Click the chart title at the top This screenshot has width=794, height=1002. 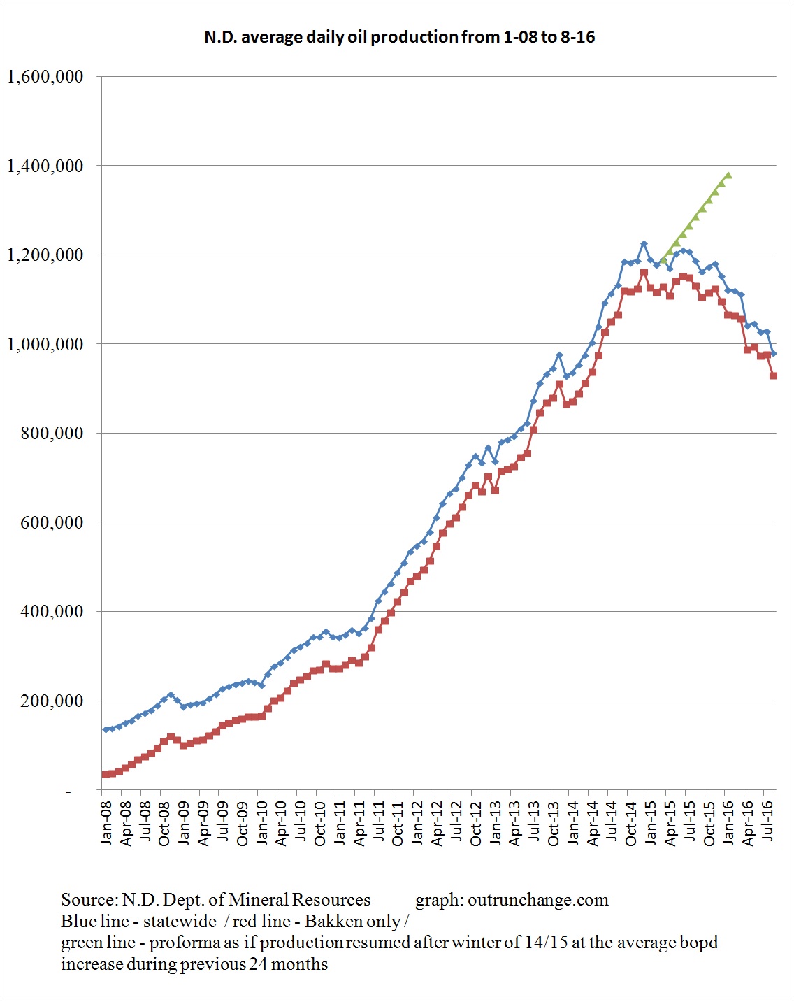(399, 37)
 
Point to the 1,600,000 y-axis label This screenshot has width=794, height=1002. (45, 77)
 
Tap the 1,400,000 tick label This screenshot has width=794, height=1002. (45, 166)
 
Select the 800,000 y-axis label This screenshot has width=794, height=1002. (52, 434)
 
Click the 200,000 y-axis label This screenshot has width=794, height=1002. (52, 701)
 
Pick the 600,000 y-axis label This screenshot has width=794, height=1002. (52, 522)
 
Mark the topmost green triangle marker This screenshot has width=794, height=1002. (728, 176)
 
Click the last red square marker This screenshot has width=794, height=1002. (774, 376)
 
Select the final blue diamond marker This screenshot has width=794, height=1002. (774, 354)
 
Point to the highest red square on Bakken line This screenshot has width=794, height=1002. (644, 273)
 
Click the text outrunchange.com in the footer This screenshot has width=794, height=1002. (537, 900)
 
